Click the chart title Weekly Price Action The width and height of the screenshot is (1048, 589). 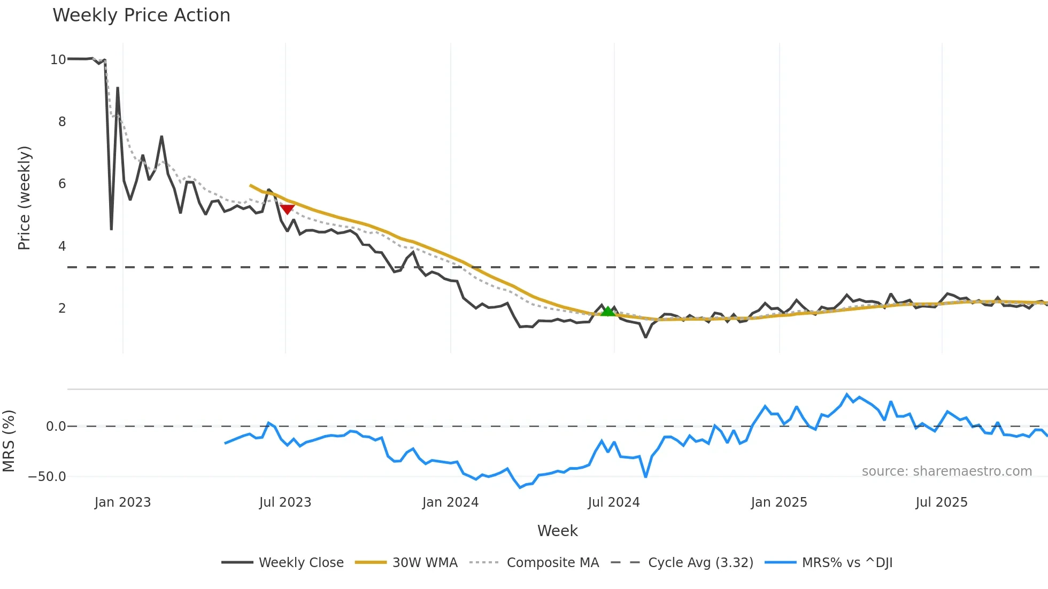coord(141,15)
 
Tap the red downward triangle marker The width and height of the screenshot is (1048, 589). coord(287,209)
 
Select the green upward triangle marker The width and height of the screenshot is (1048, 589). coord(607,311)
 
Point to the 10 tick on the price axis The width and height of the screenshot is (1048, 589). coord(58,60)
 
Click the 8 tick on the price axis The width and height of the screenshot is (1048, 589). coord(62,122)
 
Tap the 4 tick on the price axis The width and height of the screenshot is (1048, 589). coord(62,246)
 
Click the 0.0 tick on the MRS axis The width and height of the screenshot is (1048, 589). coord(56,427)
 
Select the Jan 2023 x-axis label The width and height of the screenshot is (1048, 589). coord(122,502)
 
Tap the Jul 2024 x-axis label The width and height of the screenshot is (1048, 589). coord(613,502)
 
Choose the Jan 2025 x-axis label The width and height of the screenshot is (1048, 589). coord(779,502)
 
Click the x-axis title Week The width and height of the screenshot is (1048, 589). coord(557,531)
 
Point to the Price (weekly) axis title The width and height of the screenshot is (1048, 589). coord(25,198)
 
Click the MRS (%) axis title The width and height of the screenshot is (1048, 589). coord(9,441)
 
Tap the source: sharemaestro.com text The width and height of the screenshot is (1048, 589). coord(946,471)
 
